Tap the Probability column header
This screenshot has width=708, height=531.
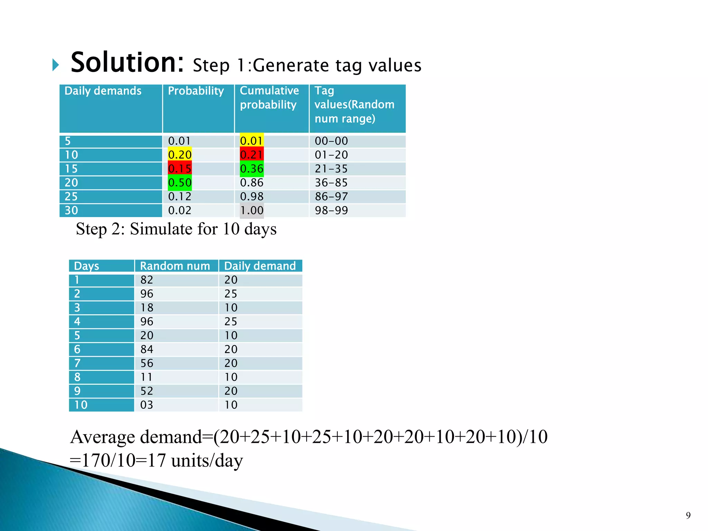[196, 91]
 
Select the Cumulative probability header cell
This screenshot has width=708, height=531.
[269, 97]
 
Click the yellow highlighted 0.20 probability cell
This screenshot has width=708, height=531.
[180, 155]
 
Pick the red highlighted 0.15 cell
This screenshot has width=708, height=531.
[180, 169]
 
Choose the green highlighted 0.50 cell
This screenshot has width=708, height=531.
[180, 183]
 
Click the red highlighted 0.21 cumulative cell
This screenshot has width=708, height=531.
[252, 155]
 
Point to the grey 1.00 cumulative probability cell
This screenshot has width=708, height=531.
[252, 210]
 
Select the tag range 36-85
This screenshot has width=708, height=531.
[331, 183]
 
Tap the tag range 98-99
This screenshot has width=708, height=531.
[331, 210]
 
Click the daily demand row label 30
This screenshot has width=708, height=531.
[72, 210]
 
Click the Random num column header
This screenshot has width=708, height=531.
[175, 266]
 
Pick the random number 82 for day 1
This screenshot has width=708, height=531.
[147, 280]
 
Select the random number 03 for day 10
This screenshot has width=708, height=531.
[147, 405]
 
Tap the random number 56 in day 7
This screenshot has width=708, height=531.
[147, 363]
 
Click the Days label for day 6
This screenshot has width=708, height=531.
[77, 350]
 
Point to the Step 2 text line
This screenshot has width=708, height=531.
[176, 229]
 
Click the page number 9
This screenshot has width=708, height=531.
[688, 515]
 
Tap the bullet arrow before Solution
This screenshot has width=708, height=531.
[56, 65]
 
